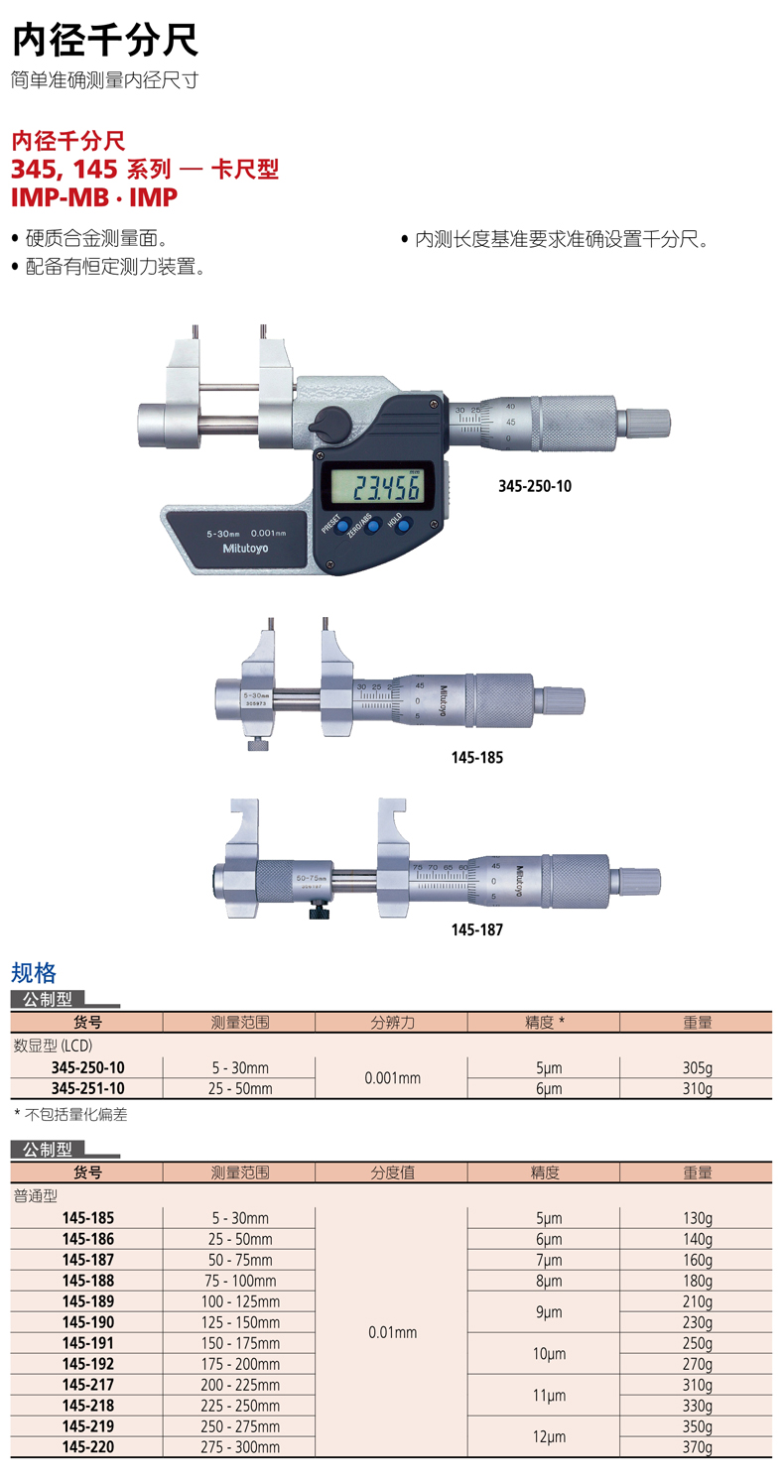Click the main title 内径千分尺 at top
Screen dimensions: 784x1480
tap(105, 41)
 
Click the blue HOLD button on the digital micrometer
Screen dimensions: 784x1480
tap(403, 525)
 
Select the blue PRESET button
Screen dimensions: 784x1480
tap(342, 526)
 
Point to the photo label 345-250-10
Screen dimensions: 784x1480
tap(535, 486)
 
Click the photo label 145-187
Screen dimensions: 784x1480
tap(476, 929)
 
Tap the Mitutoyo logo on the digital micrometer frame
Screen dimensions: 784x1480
tap(245, 549)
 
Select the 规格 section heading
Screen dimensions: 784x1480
tap(34, 972)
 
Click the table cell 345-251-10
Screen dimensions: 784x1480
tap(88, 1088)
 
